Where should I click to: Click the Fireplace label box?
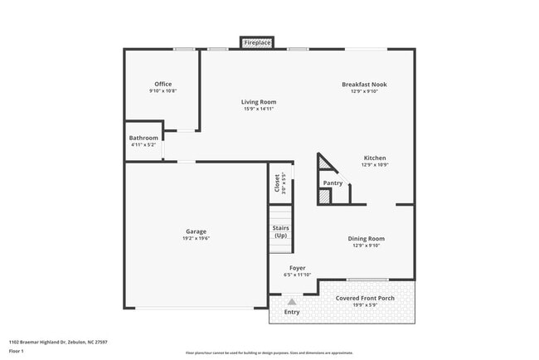pyautogui.click(x=257, y=41)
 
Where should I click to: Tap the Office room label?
pyautogui.click(x=163, y=84)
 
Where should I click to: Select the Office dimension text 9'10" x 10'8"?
pyautogui.click(x=163, y=91)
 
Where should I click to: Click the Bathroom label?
pyautogui.click(x=143, y=138)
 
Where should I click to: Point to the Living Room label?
pyautogui.click(x=259, y=101)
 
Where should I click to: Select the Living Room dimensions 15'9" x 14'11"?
pyautogui.click(x=259, y=109)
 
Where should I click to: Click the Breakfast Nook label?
pyautogui.click(x=364, y=84)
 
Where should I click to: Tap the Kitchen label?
pyautogui.click(x=374, y=158)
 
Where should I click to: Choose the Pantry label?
pyautogui.click(x=333, y=182)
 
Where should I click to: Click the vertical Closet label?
pyautogui.click(x=277, y=182)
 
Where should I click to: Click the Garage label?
pyautogui.click(x=196, y=231)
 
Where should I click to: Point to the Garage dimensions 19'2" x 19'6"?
pyautogui.click(x=196, y=239)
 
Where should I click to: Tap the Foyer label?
pyautogui.click(x=297, y=268)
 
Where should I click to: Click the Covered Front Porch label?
pyautogui.click(x=364, y=298)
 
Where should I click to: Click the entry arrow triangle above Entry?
pyautogui.click(x=292, y=302)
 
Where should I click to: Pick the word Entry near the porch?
pyautogui.click(x=292, y=312)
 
